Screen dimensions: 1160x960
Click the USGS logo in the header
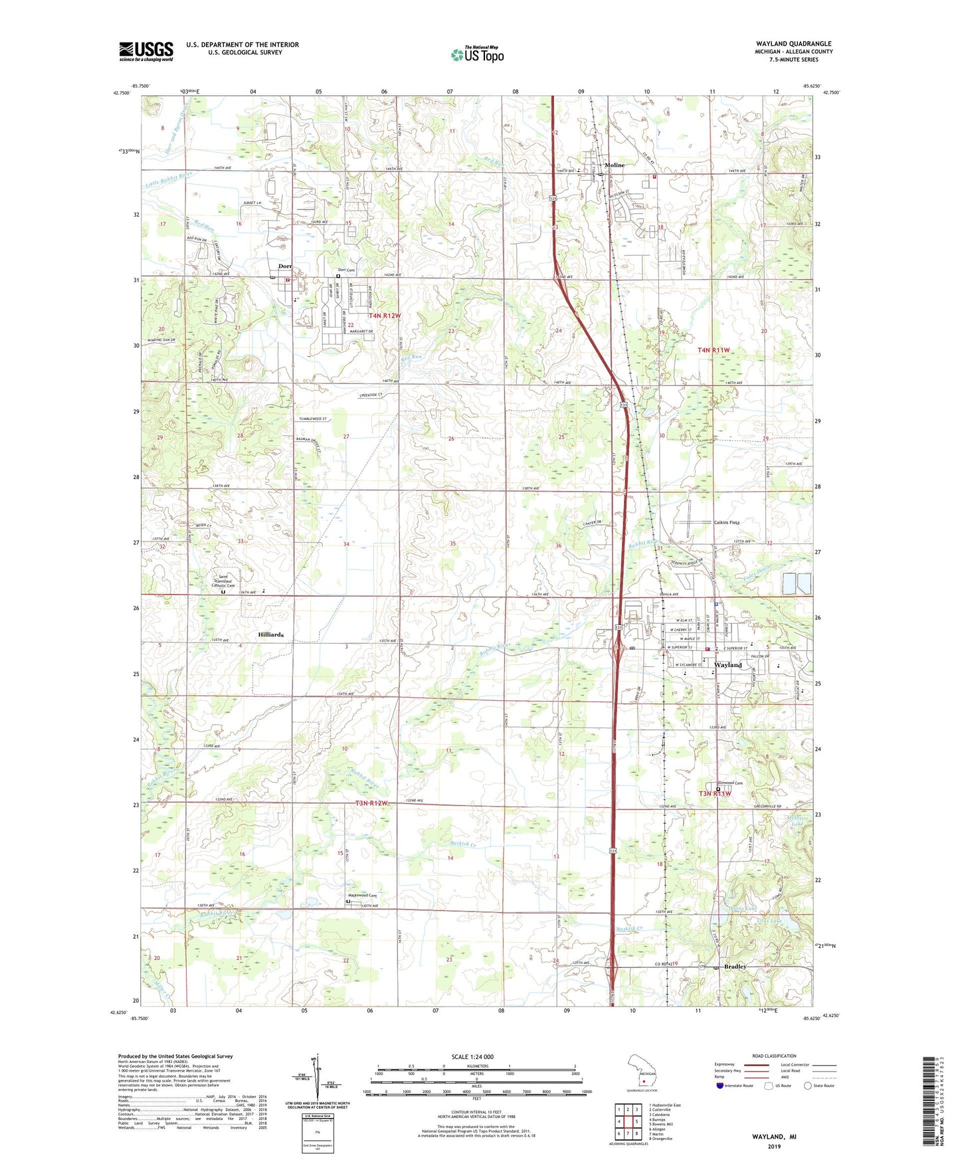[146, 51]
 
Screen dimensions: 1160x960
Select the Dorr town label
[285, 266]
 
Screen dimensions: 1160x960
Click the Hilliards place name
[271, 634]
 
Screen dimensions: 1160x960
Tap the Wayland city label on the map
[728, 664]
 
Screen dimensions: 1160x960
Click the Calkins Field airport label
[727, 522]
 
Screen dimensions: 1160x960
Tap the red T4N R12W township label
[385, 316]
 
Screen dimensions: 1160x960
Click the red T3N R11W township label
[714, 793]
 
